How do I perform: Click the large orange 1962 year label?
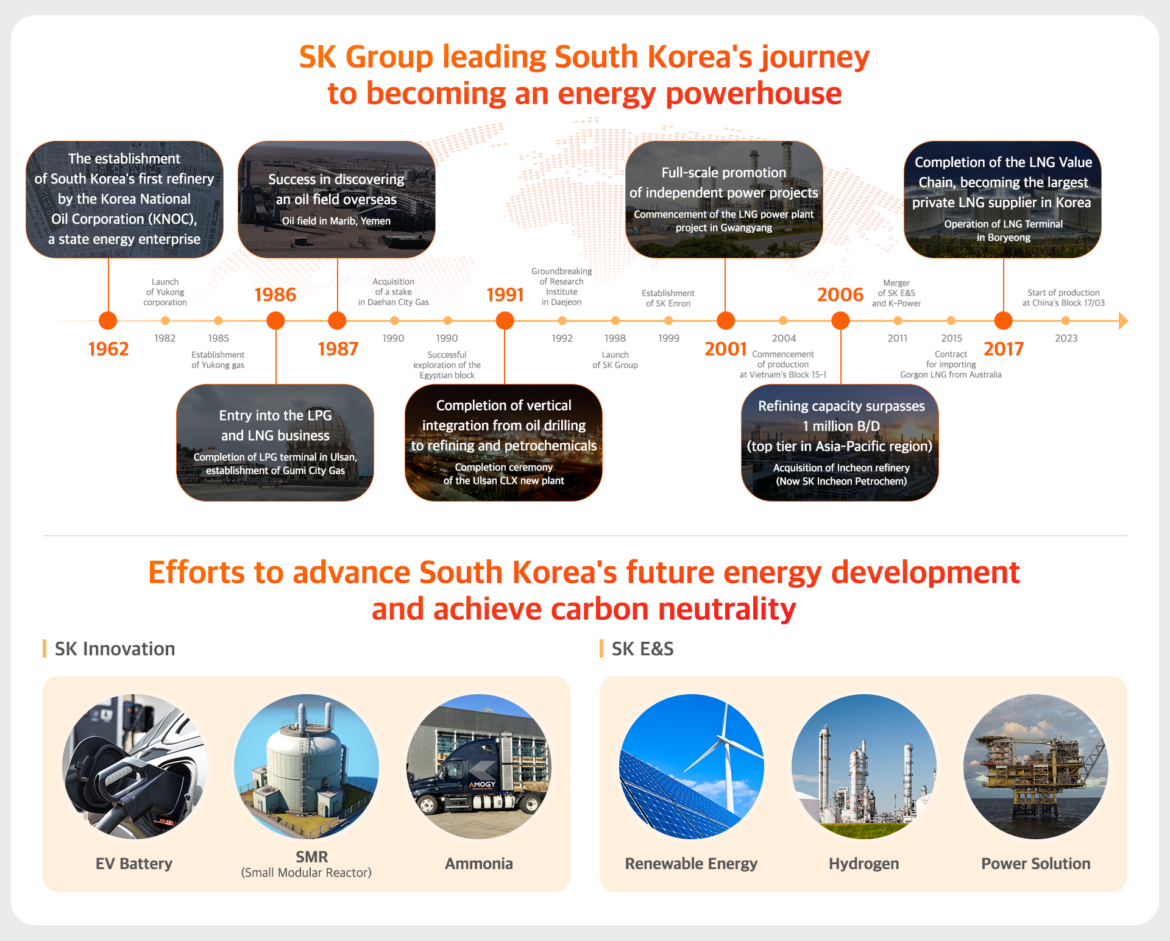coord(108,349)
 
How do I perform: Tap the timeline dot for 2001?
coord(725,321)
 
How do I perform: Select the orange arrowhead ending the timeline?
coord(1124,321)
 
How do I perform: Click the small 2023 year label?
coord(1066,338)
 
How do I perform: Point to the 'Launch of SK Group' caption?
coord(615,360)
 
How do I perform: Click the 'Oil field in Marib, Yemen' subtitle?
coord(336,221)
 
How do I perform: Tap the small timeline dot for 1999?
coord(668,321)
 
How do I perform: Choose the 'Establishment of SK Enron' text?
coord(668,298)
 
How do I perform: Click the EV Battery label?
coord(134,864)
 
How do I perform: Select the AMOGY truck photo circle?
coord(479,766)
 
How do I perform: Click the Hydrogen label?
coord(863,864)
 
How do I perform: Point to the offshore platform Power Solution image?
coord(1036,766)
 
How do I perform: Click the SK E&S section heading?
coord(642,648)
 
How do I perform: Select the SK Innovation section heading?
coord(115,648)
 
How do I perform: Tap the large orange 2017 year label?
coord(1004,349)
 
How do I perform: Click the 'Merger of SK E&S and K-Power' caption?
coord(896,293)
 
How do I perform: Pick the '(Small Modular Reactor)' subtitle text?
coord(306,873)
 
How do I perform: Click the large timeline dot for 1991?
coord(505,321)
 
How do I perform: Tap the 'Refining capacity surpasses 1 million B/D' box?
coord(840,442)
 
